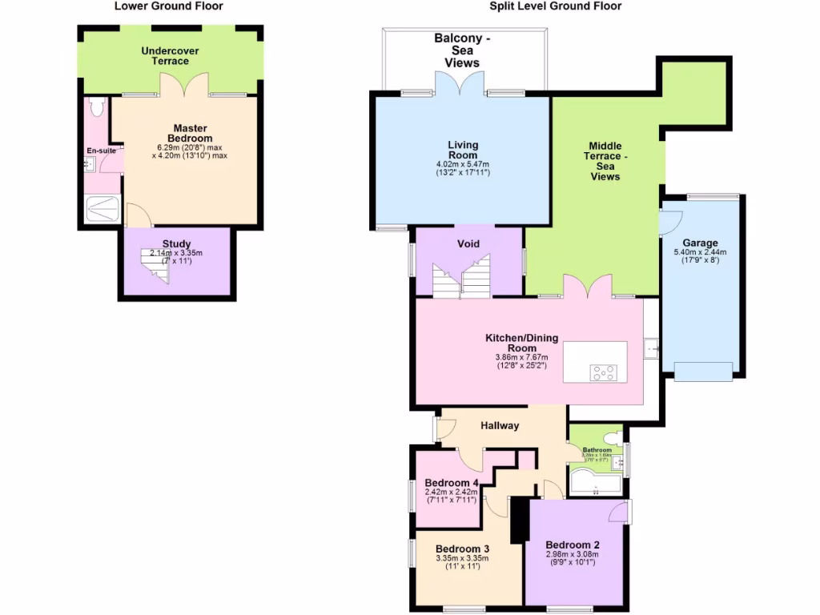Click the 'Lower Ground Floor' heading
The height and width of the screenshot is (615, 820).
click(169, 6)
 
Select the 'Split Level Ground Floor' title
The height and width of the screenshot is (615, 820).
click(556, 6)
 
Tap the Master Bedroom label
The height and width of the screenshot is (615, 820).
click(190, 133)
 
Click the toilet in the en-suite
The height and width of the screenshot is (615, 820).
click(98, 107)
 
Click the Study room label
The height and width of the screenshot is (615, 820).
click(176, 243)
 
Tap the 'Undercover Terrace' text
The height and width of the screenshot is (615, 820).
click(170, 56)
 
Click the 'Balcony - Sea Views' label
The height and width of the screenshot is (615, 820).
click(462, 50)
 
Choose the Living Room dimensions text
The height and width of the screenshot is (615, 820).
click(463, 168)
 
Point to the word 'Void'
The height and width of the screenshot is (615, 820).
click(468, 243)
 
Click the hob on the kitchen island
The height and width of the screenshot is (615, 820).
click(602, 372)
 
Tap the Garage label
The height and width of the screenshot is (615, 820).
click(700, 243)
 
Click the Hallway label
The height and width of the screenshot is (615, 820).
click(500, 425)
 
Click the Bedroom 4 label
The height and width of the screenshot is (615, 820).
click(451, 483)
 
